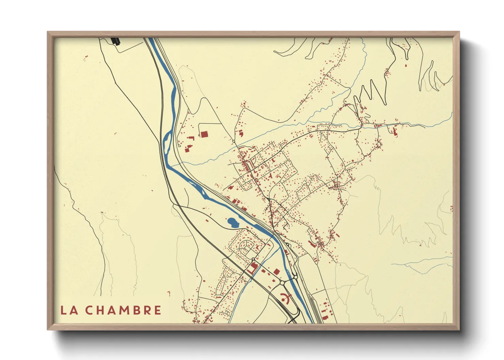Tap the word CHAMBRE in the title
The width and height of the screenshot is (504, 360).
[x=123, y=310]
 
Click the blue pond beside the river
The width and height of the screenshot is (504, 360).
[x=233, y=223]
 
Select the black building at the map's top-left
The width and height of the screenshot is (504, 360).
[x=116, y=41]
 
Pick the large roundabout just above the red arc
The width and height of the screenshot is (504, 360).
[x=282, y=283]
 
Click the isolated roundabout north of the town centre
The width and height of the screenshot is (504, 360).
[x=234, y=141]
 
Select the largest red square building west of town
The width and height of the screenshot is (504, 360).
[x=204, y=134]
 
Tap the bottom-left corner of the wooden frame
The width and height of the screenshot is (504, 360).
[x=48, y=329]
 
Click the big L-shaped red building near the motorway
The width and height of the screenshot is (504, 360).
[x=252, y=267]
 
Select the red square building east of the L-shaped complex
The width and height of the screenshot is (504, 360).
[x=277, y=271]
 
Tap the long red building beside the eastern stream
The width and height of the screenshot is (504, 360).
[x=395, y=131]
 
